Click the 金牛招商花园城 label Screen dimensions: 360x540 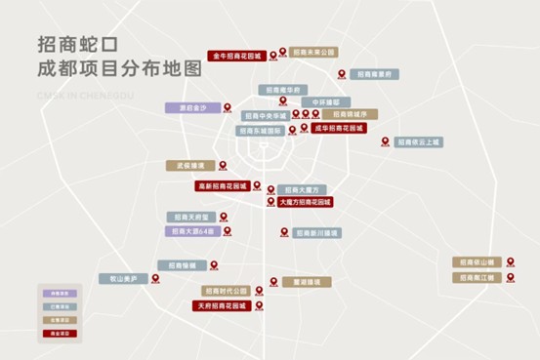point(237,57)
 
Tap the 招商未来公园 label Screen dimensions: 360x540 point(315,51)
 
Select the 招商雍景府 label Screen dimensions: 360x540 point(376,73)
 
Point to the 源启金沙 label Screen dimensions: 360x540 point(191,107)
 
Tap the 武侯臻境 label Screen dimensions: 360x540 point(189,166)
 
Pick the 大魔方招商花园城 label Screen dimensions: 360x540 point(306,202)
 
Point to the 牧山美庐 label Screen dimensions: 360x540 point(122,278)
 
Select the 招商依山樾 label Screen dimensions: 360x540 point(477,261)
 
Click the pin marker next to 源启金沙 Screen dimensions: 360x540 point(228,107)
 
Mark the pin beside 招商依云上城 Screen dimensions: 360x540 point(385,141)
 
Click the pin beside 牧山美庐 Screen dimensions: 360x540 point(154,278)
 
